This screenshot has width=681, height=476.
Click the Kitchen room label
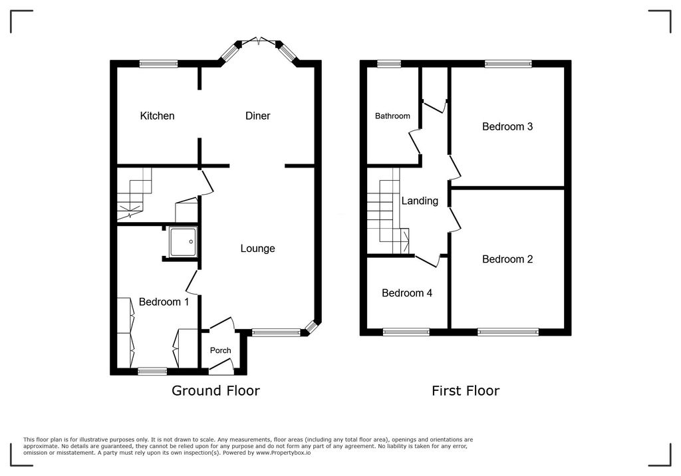tap(157, 116)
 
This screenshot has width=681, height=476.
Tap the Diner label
tap(257, 116)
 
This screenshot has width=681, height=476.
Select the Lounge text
tap(257, 249)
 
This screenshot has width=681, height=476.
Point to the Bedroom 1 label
tap(164, 302)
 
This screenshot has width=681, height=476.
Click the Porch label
tap(220, 350)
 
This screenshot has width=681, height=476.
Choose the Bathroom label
tap(392, 116)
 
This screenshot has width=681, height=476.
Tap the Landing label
tap(420, 201)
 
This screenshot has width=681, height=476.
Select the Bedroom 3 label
tap(507, 126)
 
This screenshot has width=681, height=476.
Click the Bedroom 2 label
tap(507, 259)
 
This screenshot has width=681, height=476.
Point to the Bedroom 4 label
tap(407, 293)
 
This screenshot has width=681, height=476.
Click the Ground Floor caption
tap(215, 391)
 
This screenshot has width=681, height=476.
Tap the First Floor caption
tap(466, 391)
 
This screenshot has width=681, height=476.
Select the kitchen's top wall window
tap(158, 64)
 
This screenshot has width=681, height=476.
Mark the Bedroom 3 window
tap(508, 64)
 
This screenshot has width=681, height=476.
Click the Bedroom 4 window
tap(406, 332)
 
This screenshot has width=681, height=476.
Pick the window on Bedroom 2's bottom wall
tap(508, 332)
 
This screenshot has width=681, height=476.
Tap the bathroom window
tap(388, 64)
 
